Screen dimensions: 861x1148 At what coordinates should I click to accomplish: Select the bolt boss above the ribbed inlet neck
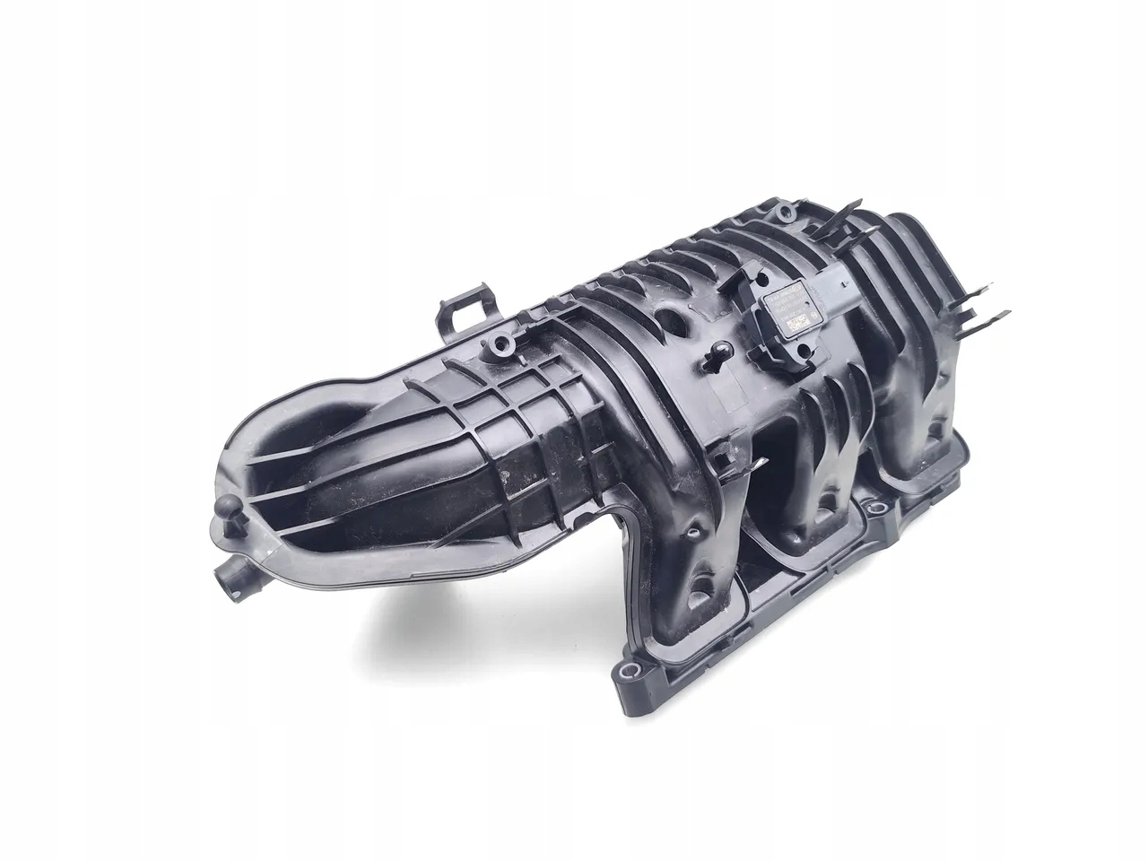click(x=494, y=344)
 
